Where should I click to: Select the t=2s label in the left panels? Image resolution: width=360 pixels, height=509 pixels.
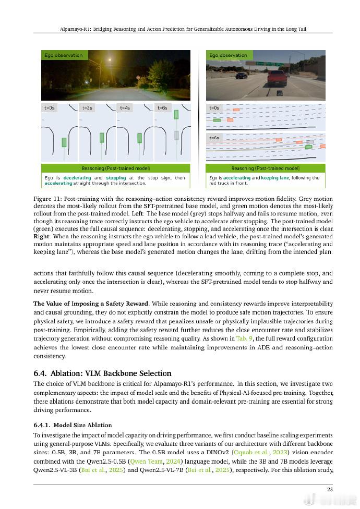(x=88, y=107)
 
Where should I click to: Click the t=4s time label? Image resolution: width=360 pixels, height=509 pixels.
(x=125, y=107)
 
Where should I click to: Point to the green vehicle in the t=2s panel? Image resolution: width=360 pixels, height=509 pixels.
(x=102, y=140)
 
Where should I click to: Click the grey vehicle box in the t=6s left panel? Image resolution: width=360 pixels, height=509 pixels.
(x=177, y=135)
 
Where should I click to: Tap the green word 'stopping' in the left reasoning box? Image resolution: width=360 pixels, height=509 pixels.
(x=116, y=178)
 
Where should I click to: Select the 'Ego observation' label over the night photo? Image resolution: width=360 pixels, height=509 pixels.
(x=63, y=55)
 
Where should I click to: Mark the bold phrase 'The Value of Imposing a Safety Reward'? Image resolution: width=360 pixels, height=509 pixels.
(x=91, y=303)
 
